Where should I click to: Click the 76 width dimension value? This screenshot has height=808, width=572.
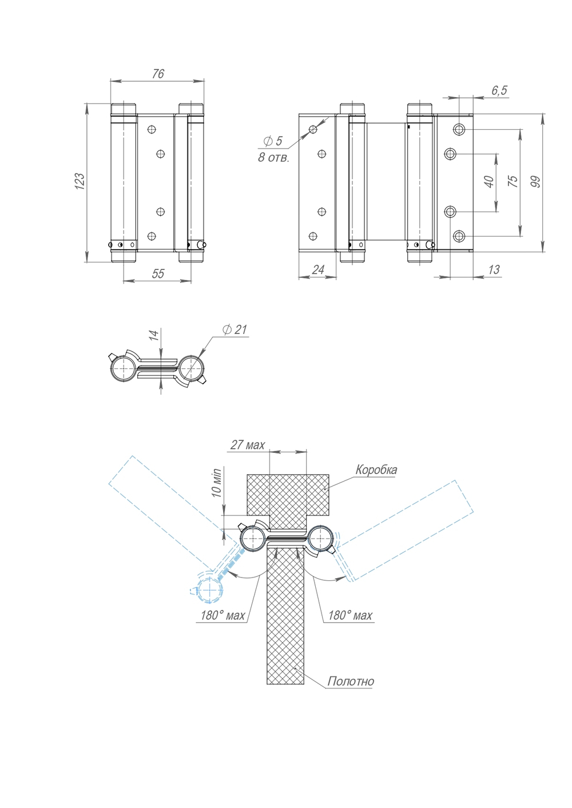click(x=158, y=74)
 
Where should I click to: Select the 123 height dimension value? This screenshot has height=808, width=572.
click(x=80, y=181)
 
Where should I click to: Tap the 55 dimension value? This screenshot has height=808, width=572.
click(x=158, y=274)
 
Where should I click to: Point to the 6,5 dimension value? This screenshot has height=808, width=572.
click(x=499, y=90)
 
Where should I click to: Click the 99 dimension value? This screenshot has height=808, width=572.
click(x=535, y=182)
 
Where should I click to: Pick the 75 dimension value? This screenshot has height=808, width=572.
click(x=513, y=181)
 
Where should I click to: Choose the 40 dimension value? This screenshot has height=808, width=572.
click(x=489, y=182)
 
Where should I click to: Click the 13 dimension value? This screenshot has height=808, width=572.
click(x=494, y=270)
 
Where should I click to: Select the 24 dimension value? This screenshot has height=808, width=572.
click(x=318, y=270)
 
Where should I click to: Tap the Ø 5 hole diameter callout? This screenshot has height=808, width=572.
click(x=273, y=141)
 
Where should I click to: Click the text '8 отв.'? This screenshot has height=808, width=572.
click(x=273, y=158)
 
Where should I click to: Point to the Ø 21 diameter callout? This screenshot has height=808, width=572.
click(x=235, y=329)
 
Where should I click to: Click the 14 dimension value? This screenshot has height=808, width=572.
click(x=153, y=336)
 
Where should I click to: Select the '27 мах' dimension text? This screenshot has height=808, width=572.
click(x=247, y=445)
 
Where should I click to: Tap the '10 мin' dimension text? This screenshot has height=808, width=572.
click(x=217, y=483)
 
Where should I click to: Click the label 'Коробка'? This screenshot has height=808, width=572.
click(x=376, y=470)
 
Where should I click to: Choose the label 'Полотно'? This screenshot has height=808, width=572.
click(x=351, y=681)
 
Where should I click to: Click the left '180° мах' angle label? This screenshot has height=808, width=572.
click(x=223, y=615)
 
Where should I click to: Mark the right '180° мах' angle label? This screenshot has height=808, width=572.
click(x=349, y=615)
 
